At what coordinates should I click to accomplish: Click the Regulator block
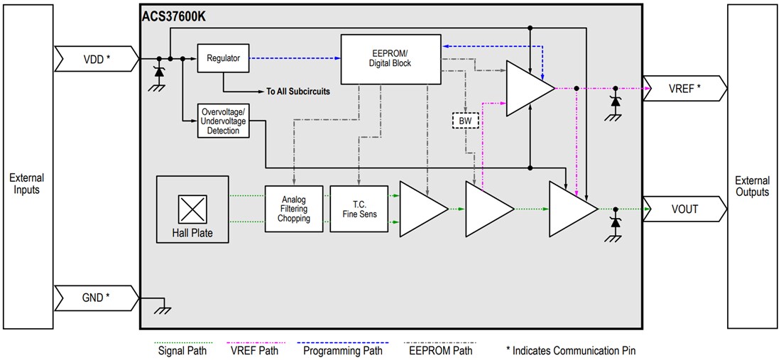coord(224,59)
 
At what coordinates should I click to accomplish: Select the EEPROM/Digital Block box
coord(390,58)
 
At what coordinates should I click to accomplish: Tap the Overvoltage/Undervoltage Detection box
coord(224,121)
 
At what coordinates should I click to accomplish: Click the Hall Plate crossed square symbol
coord(192,210)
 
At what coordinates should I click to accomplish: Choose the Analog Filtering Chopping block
coord(294,209)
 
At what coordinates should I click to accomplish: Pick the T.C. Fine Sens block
coord(359,209)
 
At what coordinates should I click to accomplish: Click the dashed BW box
coord(466,121)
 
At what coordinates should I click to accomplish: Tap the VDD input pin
coord(97,59)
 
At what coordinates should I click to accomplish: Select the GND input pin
coord(97,297)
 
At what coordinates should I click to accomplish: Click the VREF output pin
coord(684,89)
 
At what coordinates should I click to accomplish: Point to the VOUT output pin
coord(684,209)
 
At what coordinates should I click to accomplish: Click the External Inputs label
coord(27,184)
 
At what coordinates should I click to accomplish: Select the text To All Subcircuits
coord(298,92)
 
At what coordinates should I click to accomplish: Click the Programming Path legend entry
coord(343,349)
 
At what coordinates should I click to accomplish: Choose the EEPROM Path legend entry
coord(442,349)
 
